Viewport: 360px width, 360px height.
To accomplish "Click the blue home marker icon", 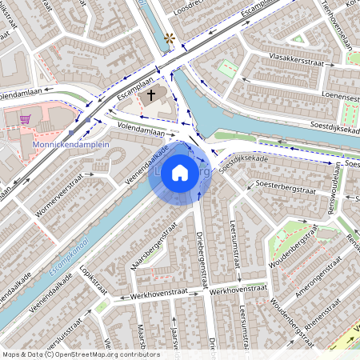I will (180, 173).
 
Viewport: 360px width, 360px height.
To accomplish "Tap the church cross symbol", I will (151, 94).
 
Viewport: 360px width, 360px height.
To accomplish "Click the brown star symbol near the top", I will (169, 38).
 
